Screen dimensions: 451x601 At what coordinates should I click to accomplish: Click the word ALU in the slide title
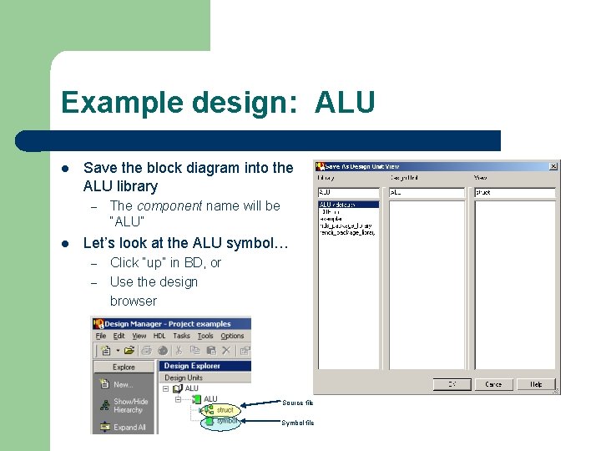[345, 103]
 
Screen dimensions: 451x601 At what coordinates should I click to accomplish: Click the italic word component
[169, 205]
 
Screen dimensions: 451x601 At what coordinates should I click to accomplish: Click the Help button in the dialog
[535, 384]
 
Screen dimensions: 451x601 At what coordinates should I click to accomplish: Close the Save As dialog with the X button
[553, 166]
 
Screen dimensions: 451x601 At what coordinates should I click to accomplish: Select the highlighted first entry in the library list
[348, 205]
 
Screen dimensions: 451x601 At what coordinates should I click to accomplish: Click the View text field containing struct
[514, 193]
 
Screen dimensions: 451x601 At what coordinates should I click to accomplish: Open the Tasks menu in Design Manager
[181, 336]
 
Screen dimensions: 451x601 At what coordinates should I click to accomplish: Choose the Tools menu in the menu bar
[205, 336]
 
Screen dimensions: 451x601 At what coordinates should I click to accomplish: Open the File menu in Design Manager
[101, 336]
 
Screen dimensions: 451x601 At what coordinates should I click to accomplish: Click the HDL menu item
[159, 336]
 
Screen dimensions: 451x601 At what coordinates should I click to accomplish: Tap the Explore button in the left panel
[124, 367]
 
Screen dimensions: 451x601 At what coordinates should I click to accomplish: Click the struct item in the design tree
[225, 410]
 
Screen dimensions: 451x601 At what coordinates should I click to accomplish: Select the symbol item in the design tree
[226, 422]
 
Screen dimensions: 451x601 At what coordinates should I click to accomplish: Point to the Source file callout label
[298, 403]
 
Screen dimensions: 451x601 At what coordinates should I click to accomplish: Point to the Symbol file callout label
[298, 423]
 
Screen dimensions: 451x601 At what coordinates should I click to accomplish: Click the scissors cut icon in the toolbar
[179, 351]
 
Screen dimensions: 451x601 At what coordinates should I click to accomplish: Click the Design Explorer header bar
[205, 366]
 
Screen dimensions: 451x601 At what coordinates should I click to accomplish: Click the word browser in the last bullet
[134, 301]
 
